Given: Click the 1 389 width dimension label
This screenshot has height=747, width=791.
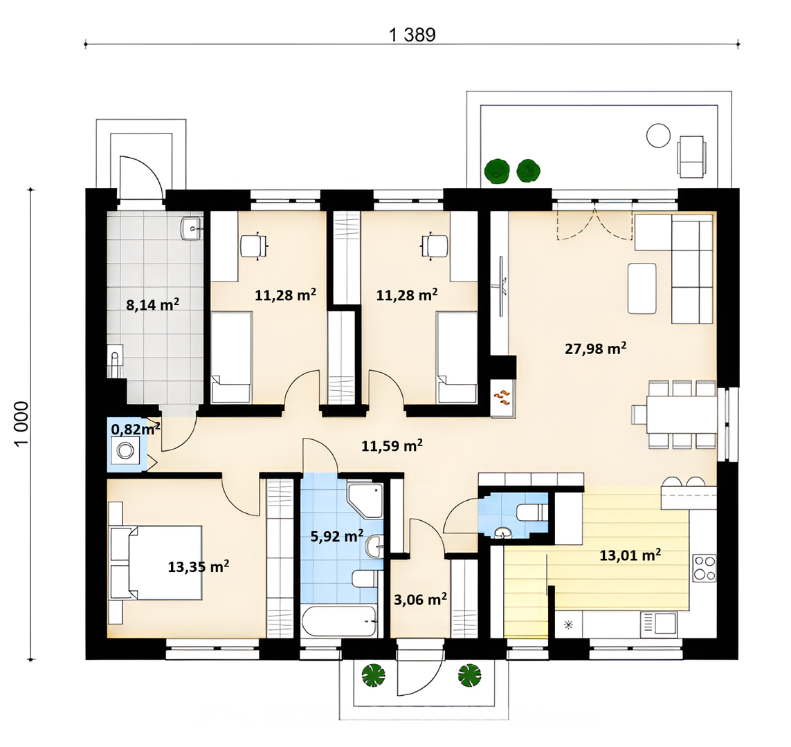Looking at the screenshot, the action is (x=412, y=35).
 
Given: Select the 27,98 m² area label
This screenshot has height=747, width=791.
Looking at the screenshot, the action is (x=596, y=348).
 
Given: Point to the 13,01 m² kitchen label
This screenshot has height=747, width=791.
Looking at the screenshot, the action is (x=630, y=555).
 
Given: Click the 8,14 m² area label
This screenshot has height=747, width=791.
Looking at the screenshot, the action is (x=153, y=304).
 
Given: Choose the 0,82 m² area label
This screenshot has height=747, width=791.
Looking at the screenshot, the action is (x=136, y=429).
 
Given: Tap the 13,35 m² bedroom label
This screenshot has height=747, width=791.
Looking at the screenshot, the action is (x=199, y=566).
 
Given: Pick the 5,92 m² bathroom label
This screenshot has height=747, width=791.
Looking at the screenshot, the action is (x=337, y=536).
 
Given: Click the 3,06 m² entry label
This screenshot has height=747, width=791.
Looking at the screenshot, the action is (x=420, y=599).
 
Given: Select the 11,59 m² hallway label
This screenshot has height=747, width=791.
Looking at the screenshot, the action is (x=392, y=445).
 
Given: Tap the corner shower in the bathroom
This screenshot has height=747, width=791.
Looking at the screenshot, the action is (x=365, y=499).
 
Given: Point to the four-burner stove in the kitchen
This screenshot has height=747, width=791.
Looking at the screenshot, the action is (x=704, y=568).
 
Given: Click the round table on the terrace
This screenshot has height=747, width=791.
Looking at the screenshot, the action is (x=659, y=136).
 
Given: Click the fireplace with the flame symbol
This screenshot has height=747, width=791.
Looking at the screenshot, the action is (x=503, y=398).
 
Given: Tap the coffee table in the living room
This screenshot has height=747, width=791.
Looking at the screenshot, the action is (x=642, y=288).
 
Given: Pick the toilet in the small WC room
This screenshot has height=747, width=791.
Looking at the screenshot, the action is (x=531, y=513).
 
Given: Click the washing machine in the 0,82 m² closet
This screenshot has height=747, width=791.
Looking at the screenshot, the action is (x=124, y=450).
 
